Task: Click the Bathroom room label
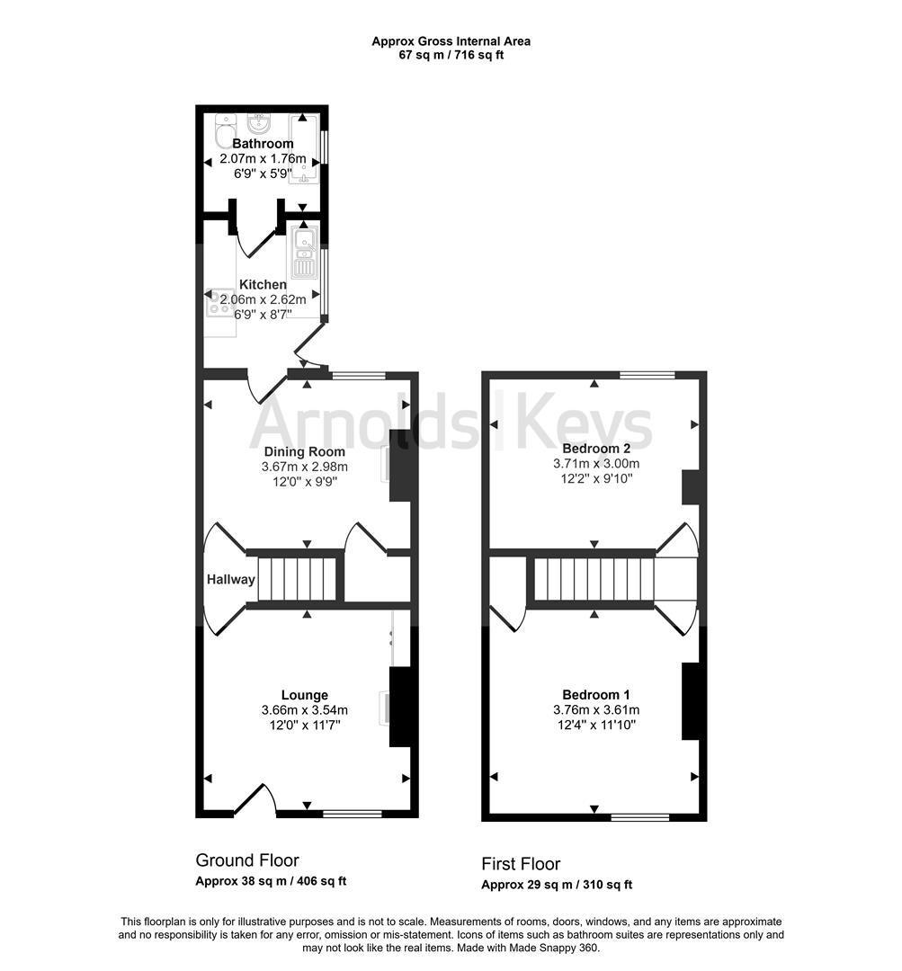[263, 144]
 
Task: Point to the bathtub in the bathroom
[304, 149]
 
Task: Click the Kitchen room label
[263, 284]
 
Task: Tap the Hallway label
[231, 580]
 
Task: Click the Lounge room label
[304, 695]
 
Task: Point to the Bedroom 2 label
[595, 448]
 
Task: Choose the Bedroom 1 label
[595, 694]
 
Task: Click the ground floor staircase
[297, 579]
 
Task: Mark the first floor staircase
[594, 579]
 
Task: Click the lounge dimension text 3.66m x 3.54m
[304, 710]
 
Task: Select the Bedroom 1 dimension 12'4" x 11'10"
[595, 725]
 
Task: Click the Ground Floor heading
[247, 860]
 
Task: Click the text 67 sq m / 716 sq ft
[451, 55]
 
